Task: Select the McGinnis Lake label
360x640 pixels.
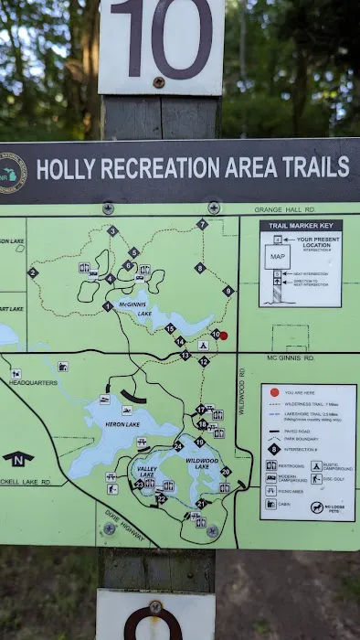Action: [134, 309]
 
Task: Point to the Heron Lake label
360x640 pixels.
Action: [122, 424]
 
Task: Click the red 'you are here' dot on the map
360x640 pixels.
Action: [223, 336]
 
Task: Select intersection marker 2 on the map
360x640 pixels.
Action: [33, 272]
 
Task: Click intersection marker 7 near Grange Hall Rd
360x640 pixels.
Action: [203, 224]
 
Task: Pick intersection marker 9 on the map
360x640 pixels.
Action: [228, 291]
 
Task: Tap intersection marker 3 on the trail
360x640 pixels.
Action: [112, 231]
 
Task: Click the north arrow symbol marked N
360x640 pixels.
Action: [18, 457]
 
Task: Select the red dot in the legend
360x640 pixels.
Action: [273, 393]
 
